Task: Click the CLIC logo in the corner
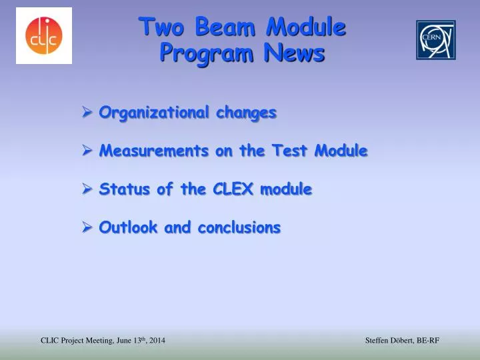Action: tap(43, 35)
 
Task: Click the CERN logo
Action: tap(436, 39)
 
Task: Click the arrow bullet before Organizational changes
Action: tap(87, 113)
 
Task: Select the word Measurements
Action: tap(153, 151)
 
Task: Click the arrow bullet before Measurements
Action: tap(87, 151)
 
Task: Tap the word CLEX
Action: tap(235, 189)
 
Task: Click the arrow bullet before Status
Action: tap(87, 189)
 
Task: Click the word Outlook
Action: tap(129, 227)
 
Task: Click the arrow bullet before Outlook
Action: tap(87, 227)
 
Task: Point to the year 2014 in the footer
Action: tap(157, 341)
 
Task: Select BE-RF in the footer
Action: tap(427, 341)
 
